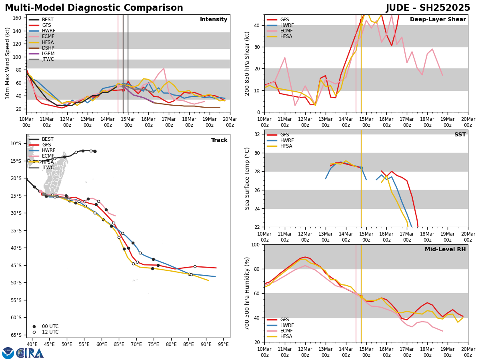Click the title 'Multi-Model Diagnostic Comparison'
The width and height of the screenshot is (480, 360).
click(x=94, y=8)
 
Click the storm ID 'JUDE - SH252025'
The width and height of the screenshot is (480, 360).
click(x=428, y=8)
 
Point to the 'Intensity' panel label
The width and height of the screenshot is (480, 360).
click(x=214, y=20)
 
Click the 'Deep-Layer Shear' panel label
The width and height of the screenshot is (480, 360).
click(x=438, y=20)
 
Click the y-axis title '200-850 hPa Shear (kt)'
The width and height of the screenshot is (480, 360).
click(x=248, y=63)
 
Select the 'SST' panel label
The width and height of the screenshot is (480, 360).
click(x=460, y=135)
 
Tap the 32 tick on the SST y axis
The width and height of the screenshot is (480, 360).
click(x=258, y=134)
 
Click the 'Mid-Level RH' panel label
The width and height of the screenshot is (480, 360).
click(x=445, y=250)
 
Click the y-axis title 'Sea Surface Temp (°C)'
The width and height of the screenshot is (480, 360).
click(x=248, y=178)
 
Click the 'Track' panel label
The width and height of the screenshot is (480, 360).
click(x=219, y=140)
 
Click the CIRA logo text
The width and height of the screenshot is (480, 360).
click(x=30, y=353)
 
